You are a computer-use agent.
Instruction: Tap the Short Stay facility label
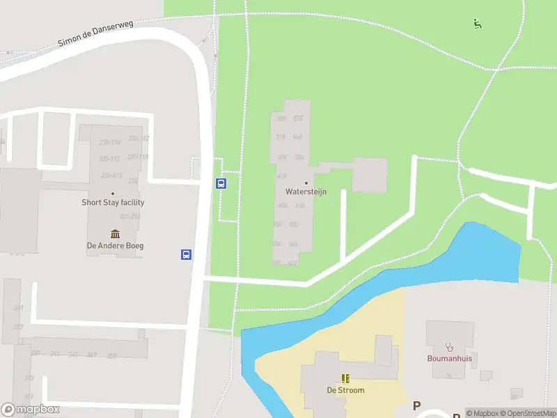(113, 203)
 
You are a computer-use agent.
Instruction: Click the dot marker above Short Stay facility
(113, 193)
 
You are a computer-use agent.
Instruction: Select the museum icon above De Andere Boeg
(115, 233)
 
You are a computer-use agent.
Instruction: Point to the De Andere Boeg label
(115, 245)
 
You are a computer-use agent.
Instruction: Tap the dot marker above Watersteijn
(306, 183)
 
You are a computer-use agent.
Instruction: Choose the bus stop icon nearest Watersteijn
(221, 184)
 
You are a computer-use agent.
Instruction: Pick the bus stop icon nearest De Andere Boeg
(187, 254)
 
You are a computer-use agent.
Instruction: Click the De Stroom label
(345, 390)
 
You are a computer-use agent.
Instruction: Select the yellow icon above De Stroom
(345, 378)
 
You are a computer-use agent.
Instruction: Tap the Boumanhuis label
(449, 359)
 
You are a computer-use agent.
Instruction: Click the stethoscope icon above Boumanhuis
(449, 346)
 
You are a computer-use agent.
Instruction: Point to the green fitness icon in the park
(478, 24)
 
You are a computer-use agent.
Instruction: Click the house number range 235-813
(111, 175)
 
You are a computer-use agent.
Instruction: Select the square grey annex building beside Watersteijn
(369, 175)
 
